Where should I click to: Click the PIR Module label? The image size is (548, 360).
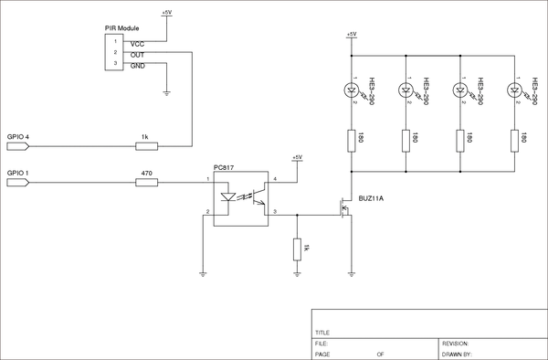coord(121,30)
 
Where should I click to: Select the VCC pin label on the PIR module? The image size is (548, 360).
coord(137,43)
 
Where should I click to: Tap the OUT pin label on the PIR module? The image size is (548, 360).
coord(137,55)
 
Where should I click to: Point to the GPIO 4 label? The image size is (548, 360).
coord(18,136)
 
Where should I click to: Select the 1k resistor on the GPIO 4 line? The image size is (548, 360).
coord(145,145)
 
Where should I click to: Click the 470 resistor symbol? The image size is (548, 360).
coord(146,182)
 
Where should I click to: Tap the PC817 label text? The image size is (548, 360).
coord(225,167)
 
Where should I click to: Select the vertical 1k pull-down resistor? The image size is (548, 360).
coord(297,249)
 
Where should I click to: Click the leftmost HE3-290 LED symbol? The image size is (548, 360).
coord(352,90)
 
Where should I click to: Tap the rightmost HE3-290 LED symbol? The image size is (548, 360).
coord(516,90)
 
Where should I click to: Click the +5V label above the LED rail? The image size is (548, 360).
coord(352,34)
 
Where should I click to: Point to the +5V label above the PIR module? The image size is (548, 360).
coord(166,13)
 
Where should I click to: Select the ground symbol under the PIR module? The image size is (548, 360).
coord(166,91)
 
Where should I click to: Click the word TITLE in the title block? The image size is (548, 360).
coord(322,333)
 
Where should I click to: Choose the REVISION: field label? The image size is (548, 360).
coord(456,343)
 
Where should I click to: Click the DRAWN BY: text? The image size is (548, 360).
coord(457,353)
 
